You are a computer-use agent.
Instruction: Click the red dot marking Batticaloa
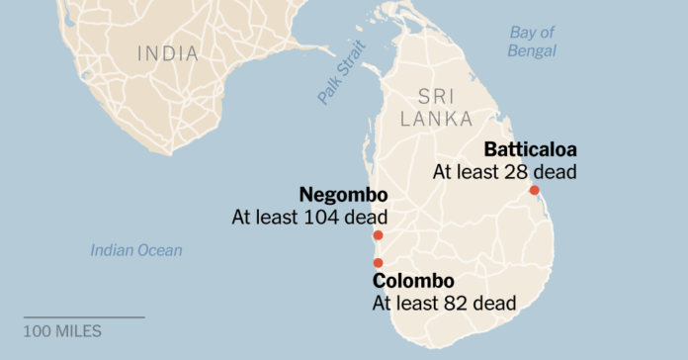534,190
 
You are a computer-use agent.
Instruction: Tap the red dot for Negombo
378,236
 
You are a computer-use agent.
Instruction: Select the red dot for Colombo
378,262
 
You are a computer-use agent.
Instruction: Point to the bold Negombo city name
343,194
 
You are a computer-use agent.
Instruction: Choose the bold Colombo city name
413,281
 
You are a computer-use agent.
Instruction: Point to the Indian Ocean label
136,250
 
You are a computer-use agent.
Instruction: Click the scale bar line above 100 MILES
83,317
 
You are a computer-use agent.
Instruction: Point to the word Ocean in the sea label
159,250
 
